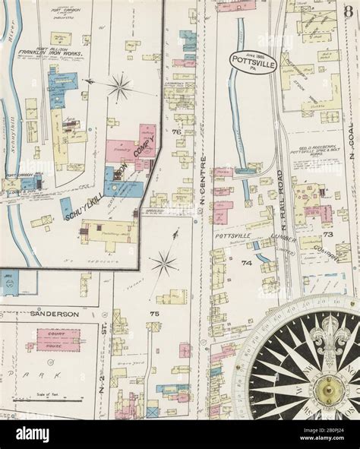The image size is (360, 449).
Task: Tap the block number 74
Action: (x=246, y=263)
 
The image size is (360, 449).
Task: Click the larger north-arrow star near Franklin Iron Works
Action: (x=119, y=87)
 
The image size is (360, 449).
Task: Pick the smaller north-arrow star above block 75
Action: (x=163, y=264)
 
